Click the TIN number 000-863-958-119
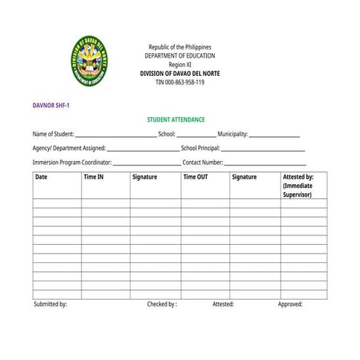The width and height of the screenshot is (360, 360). [x=179, y=82]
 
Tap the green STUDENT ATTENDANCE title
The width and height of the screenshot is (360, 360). [x=176, y=120]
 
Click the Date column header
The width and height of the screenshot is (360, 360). [x=42, y=177]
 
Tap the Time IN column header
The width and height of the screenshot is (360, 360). [x=93, y=177]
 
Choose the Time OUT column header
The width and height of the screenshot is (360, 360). [x=195, y=177]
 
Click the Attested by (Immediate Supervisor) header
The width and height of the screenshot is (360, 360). [x=298, y=186]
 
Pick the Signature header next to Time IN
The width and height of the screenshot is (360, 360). [x=144, y=177]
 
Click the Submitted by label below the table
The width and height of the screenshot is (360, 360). [x=50, y=304]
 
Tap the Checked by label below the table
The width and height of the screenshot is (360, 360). [x=162, y=304]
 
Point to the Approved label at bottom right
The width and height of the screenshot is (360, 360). [x=290, y=304]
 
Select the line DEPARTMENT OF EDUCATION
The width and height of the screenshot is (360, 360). [x=179, y=56]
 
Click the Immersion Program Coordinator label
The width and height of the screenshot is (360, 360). [x=71, y=163]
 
